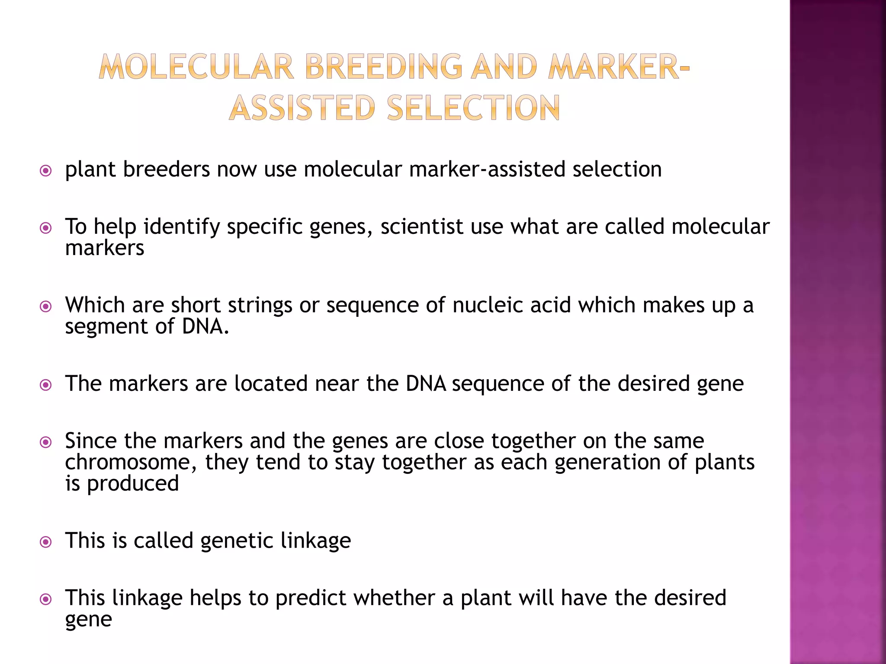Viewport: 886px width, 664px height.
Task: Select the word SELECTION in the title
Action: (x=474, y=108)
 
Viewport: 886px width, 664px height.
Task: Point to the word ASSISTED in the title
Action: (x=302, y=108)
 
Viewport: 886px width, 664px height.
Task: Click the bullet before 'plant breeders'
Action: (x=45, y=171)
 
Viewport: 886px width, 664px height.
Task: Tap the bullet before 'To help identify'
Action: (x=45, y=228)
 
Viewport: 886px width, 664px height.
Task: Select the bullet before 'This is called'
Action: (x=45, y=542)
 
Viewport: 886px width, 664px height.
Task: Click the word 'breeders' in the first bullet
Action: (x=167, y=169)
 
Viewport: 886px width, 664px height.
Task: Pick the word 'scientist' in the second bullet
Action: (x=422, y=227)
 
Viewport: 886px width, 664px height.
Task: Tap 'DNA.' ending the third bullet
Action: (x=205, y=326)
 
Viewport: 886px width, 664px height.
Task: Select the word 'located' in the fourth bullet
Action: (x=271, y=383)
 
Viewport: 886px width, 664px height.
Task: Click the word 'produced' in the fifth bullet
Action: (x=133, y=483)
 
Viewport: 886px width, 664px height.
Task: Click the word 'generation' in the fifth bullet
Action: (x=607, y=462)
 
